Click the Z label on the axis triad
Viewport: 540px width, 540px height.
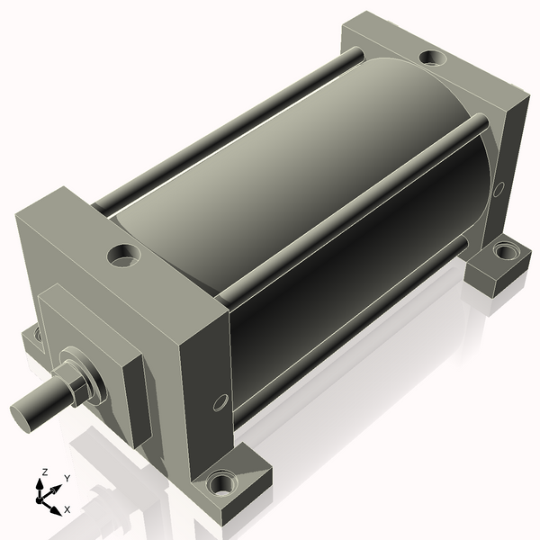(x=44, y=472)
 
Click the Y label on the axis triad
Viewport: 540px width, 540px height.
(x=67, y=479)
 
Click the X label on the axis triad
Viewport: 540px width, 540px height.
(x=67, y=509)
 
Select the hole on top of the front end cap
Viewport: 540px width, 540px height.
(x=123, y=256)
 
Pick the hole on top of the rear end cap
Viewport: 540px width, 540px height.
(x=433, y=57)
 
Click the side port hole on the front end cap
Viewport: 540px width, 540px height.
(x=220, y=402)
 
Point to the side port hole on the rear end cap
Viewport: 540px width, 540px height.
(x=498, y=189)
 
